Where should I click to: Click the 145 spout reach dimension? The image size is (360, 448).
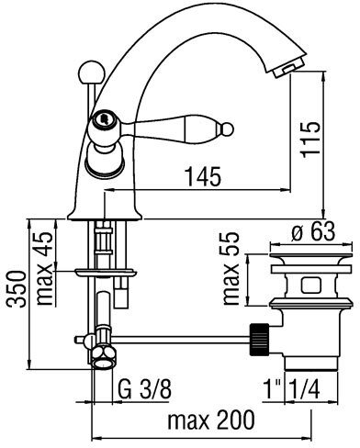204,176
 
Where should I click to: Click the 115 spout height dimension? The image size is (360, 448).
310,140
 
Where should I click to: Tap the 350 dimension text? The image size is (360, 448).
17,289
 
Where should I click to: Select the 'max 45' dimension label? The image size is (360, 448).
45,268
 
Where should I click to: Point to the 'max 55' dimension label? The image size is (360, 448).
231,268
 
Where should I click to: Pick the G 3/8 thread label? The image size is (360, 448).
144,388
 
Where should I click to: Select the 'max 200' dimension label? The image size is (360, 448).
211,420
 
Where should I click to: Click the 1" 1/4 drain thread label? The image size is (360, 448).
291,389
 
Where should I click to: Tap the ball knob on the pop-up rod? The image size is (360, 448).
88,72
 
